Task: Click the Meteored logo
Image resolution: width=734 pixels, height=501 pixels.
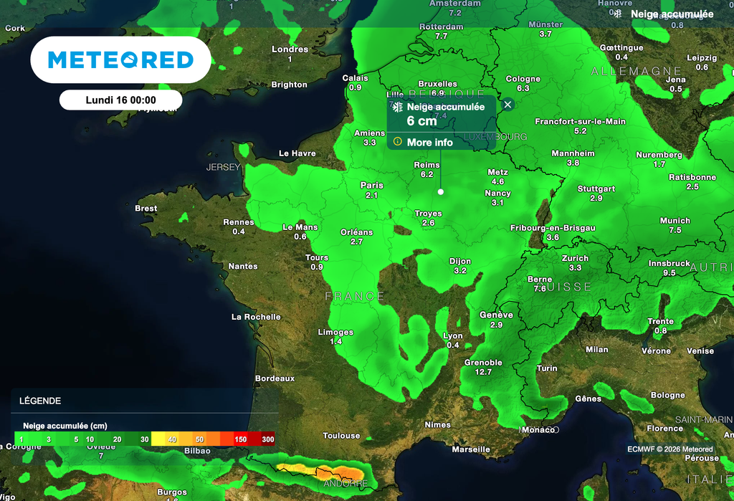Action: pos(120,59)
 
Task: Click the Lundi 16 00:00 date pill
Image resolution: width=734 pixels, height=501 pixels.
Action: pos(120,100)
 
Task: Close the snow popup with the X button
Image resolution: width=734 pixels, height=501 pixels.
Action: pos(508,105)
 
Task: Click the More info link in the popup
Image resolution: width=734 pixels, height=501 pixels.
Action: pos(429,143)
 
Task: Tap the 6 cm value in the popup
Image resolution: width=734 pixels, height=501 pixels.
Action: pos(421,121)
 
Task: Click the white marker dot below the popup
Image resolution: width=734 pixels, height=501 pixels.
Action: pos(440,192)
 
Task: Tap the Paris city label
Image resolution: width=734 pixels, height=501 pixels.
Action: pos(371,185)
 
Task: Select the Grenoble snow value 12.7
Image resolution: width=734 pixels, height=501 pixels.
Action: pos(482,372)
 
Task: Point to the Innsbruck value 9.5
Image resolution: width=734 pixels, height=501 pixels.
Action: pos(669,273)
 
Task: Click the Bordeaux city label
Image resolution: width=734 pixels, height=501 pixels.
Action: pos(275,378)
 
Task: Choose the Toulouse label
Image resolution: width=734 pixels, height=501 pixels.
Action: pos(341,436)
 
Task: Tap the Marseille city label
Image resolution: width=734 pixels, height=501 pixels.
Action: pos(471,449)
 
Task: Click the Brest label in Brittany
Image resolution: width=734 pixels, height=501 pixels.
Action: pos(146,209)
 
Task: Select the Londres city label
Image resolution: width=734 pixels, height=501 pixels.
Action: pos(290,49)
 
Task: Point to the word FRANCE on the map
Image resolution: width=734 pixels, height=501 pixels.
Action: pos(355,296)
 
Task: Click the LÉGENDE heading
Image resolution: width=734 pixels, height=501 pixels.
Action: pos(40,401)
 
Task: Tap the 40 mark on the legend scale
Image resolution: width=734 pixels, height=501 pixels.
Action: pos(173,439)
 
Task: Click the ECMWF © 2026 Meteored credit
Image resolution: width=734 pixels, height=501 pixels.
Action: pos(669,449)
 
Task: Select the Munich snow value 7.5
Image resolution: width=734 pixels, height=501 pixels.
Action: pos(675,230)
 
